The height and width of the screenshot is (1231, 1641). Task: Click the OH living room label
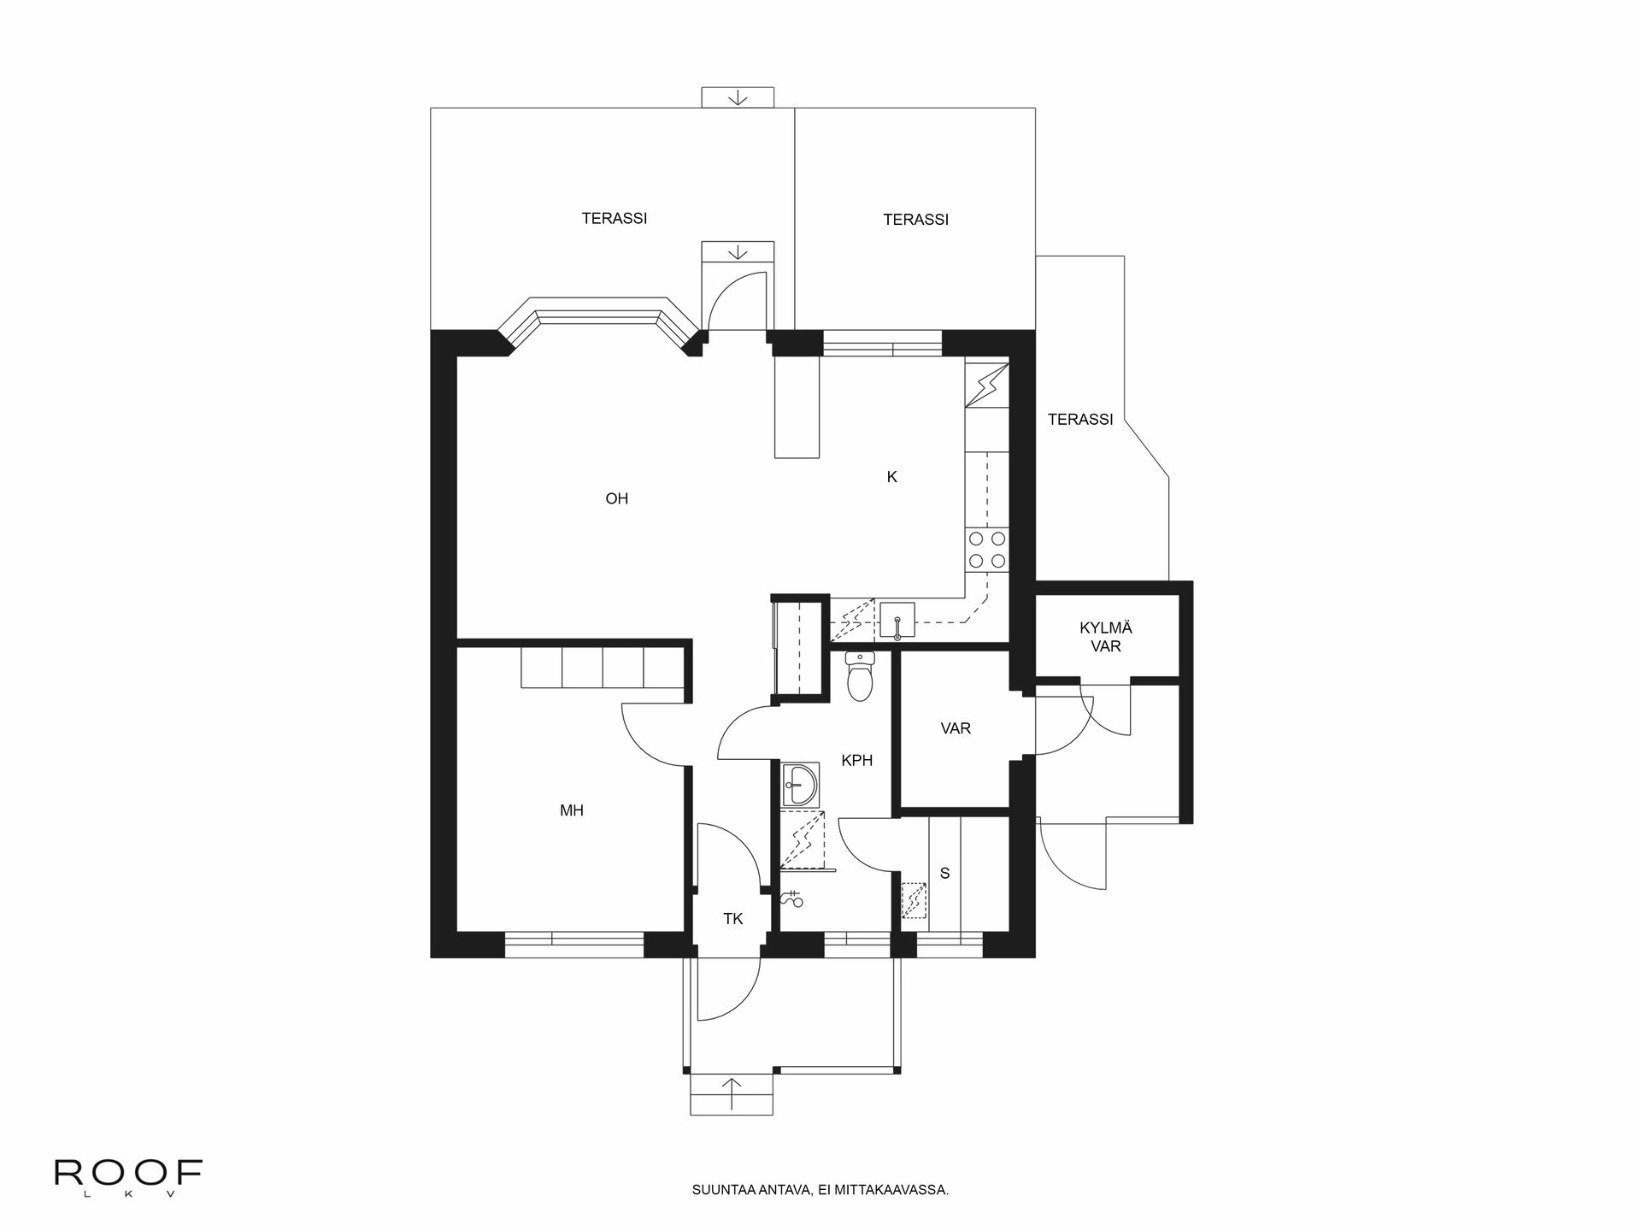coord(616,498)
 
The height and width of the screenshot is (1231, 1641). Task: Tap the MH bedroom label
coord(572,810)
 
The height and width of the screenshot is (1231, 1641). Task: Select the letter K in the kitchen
coord(891,477)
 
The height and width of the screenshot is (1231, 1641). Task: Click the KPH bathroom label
coord(856,760)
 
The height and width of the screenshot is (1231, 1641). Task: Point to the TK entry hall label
coord(732,919)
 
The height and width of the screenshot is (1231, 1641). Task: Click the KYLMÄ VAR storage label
coord(1105,638)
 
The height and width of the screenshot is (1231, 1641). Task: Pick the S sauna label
coord(944,874)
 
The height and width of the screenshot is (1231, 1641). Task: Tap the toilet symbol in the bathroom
coord(858,676)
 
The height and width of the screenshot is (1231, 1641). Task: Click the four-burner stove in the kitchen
coord(986,550)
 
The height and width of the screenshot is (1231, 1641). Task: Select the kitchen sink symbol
coord(897,619)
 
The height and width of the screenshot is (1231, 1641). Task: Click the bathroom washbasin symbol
coord(799,784)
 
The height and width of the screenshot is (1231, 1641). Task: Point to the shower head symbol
coord(792,898)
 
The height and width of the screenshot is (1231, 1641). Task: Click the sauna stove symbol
coord(914,900)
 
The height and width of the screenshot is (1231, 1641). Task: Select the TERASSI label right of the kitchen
coord(1080,420)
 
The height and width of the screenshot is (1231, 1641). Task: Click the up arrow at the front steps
coord(732,1093)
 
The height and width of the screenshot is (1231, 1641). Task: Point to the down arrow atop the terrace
coord(738,98)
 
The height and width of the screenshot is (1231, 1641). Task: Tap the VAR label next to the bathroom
coord(956,729)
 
